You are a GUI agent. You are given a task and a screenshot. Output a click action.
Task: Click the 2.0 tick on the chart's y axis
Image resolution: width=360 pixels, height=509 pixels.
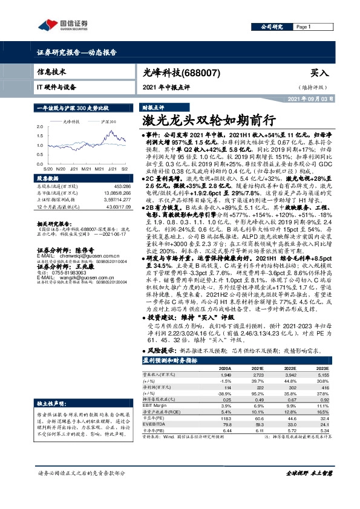coord(40,126)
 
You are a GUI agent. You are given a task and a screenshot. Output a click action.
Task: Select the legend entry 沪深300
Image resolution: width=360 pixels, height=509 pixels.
coord(109,122)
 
